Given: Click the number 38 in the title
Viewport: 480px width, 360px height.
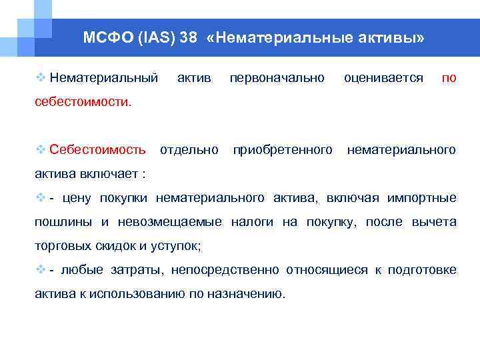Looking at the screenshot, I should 188,38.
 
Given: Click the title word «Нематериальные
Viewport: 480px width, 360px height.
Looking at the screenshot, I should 276,38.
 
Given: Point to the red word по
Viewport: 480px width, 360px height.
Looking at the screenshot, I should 449,79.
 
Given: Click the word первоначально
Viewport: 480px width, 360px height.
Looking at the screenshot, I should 277,79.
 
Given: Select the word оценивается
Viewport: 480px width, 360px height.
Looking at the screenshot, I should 383,79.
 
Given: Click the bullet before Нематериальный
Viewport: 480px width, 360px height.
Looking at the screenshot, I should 41,79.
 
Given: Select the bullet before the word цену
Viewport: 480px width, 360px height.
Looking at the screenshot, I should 41,197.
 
